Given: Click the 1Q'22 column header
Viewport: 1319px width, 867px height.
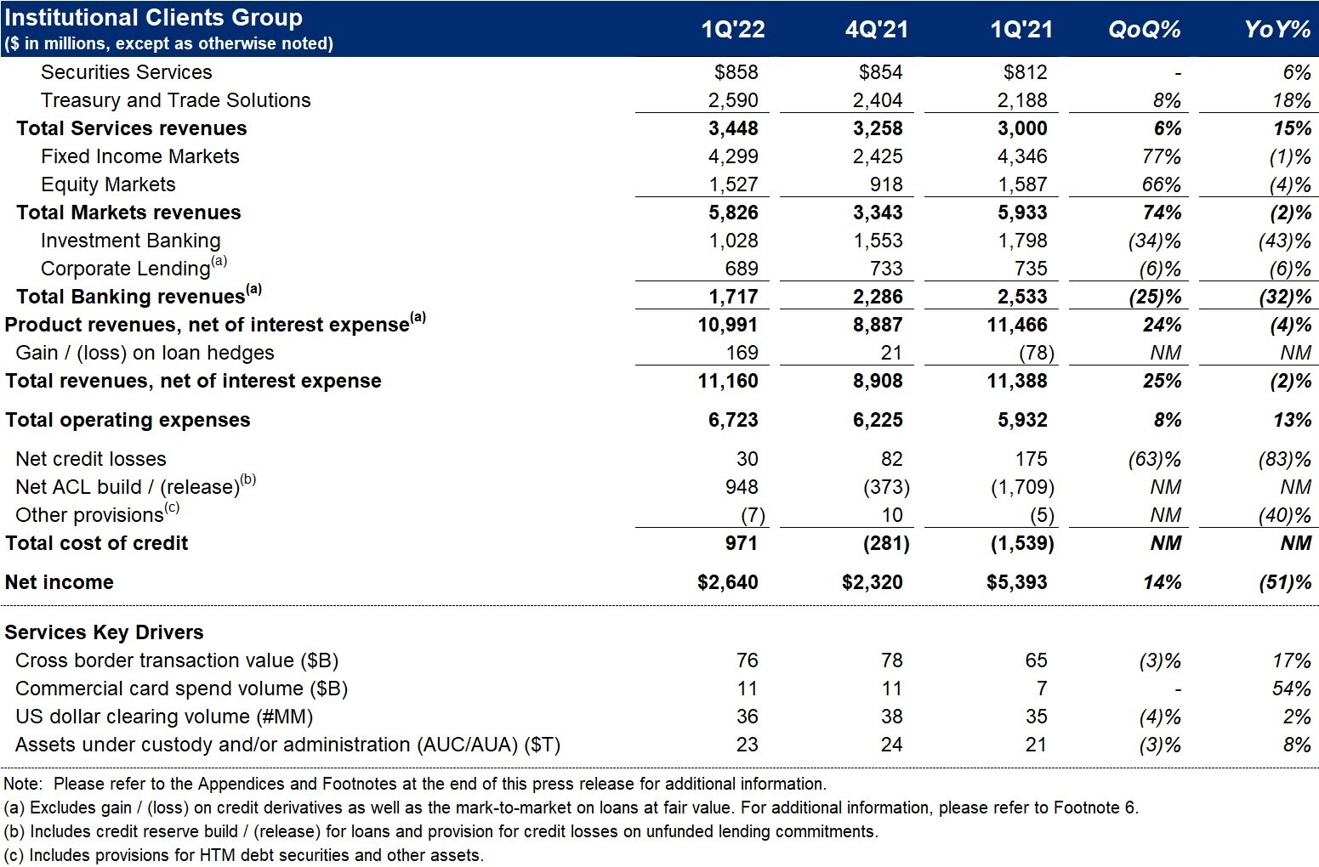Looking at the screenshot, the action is [732, 30].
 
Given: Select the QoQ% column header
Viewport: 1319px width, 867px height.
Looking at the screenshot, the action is [1144, 30].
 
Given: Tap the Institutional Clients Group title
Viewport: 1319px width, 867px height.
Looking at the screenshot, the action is [154, 18].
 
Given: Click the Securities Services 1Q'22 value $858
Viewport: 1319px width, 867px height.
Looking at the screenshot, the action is [736, 71].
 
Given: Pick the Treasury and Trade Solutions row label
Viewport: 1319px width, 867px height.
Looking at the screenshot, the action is [175, 100].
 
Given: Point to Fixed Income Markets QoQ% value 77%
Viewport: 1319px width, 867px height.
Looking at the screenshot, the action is [1161, 156].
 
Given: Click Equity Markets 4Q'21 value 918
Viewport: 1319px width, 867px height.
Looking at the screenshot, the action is [886, 184].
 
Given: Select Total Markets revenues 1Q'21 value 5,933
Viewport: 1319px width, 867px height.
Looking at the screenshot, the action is [1022, 212].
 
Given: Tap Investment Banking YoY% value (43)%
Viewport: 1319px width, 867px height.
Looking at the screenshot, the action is [1285, 241].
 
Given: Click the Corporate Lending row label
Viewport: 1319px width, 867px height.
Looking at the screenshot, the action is [134, 267].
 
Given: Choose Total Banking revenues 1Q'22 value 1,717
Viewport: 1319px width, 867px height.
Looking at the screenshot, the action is [733, 297].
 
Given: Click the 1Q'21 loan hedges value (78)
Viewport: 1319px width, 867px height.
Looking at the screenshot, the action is [1037, 353].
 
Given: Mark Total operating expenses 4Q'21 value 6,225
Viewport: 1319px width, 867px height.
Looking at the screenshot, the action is [878, 420].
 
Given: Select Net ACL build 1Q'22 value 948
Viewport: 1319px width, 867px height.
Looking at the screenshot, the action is [742, 487].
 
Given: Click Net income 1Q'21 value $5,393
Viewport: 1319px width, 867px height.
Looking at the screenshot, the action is [1017, 582].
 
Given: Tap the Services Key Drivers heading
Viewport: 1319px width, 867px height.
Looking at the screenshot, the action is [105, 632].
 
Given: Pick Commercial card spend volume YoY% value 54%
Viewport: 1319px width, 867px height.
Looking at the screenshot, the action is [1292, 688].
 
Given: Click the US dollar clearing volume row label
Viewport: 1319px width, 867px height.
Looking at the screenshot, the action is [164, 717].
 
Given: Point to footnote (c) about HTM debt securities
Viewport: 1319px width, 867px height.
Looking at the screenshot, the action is [244, 854].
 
